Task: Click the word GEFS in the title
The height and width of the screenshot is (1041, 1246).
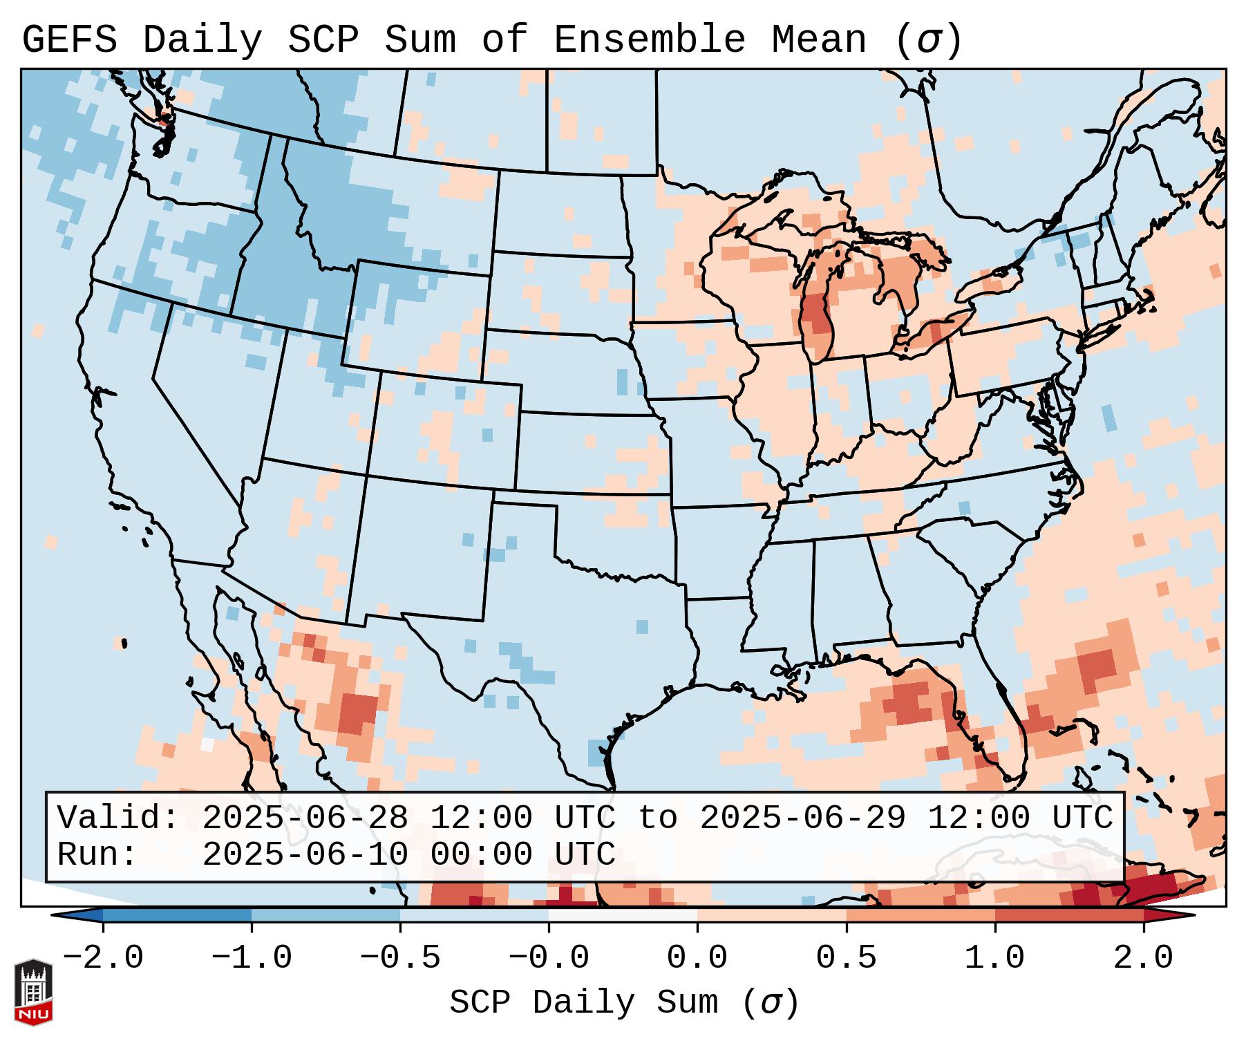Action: click(69, 40)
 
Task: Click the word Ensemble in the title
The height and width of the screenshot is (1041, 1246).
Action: click(650, 40)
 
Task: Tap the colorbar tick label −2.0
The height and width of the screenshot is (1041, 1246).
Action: click(103, 958)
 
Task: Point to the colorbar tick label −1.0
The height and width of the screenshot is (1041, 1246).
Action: click(252, 958)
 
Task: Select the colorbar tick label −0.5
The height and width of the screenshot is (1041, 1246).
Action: click(400, 958)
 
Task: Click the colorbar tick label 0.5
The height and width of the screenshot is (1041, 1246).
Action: click(846, 958)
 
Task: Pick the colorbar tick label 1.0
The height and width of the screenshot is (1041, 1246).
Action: click(994, 958)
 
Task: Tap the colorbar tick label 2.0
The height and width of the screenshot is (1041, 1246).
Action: click(1143, 958)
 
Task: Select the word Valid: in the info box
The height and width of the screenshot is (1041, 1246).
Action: click(118, 818)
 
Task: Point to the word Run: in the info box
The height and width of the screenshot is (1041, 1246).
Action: click(97, 854)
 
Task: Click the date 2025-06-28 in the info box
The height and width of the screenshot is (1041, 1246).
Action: click(305, 818)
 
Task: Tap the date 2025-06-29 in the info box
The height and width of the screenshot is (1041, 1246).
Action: click(803, 818)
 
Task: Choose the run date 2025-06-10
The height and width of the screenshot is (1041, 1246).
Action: click(305, 854)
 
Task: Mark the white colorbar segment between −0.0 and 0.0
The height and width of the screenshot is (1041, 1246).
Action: click(623, 915)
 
